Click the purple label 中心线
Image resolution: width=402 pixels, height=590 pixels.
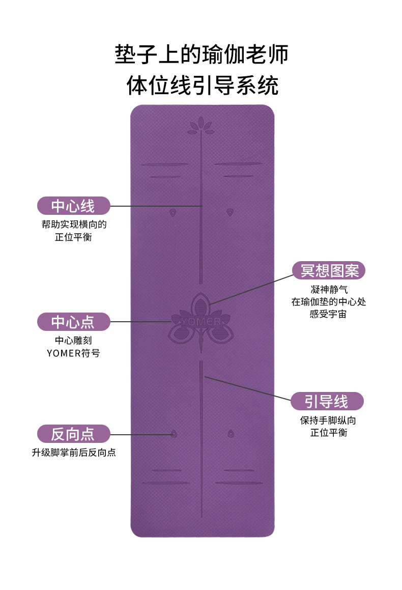click(x=73, y=206)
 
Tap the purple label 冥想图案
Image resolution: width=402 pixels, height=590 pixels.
click(x=329, y=270)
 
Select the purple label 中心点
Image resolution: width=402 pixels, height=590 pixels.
click(x=73, y=321)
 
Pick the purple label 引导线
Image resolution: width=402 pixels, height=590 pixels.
click(x=327, y=401)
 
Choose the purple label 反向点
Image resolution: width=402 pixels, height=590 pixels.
click(x=73, y=434)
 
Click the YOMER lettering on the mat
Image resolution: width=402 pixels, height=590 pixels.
click(x=202, y=322)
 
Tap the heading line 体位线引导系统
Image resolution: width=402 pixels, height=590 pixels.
click(x=202, y=86)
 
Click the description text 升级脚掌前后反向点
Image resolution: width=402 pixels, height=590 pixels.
click(x=74, y=452)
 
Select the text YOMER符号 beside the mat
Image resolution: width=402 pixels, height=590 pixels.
click(x=73, y=353)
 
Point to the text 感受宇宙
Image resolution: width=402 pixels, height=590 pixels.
click(x=329, y=314)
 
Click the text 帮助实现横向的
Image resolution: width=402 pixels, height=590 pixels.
click(x=74, y=224)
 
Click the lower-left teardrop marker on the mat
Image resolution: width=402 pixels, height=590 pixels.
click(x=174, y=433)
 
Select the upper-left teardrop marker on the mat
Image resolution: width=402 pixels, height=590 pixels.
click(x=173, y=212)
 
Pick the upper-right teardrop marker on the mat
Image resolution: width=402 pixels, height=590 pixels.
click(x=230, y=211)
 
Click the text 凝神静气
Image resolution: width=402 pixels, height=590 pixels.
click(x=329, y=289)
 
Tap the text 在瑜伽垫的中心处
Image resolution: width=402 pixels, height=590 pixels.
click(x=329, y=302)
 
